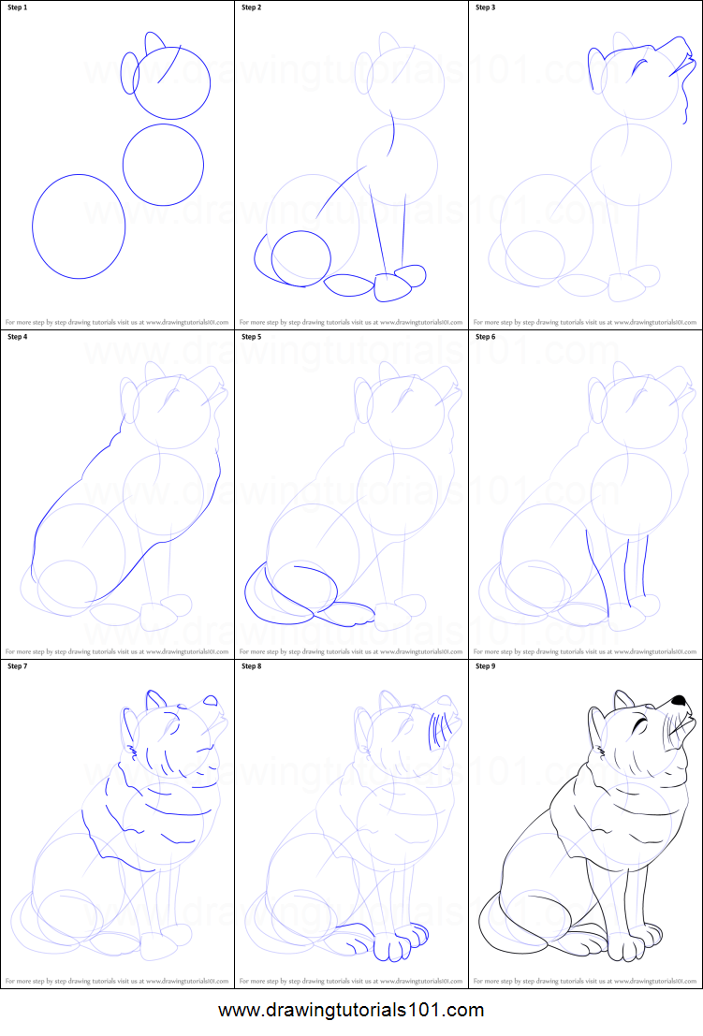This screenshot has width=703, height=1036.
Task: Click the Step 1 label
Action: tap(20, 7)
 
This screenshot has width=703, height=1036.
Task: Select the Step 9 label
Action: tap(488, 666)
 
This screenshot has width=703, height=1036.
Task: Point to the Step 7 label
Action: tap(20, 666)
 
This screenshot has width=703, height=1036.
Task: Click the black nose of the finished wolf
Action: tap(678, 700)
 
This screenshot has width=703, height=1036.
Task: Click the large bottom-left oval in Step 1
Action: tap(79, 226)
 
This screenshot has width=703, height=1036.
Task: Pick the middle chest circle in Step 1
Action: tap(163, 165)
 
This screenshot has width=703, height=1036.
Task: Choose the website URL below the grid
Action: tap(351, 1011)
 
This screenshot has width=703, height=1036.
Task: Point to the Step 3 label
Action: tap(488, 7)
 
